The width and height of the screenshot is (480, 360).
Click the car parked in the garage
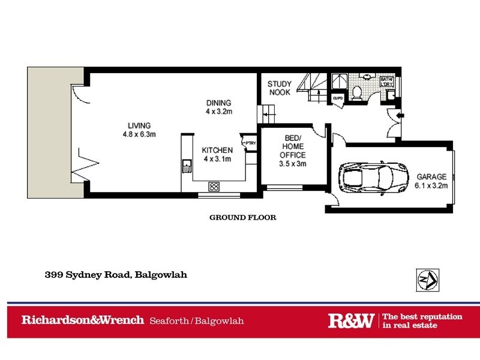tap(365, 177)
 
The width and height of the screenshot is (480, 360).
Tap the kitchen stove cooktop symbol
tap(213, 186)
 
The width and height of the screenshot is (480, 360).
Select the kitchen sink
tap(187, 164)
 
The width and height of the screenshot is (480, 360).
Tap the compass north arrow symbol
tap(428, 279)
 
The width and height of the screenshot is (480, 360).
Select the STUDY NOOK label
tap(279, 88)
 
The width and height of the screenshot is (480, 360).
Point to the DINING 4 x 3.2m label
tap(218, 107)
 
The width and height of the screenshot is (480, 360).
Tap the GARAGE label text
tap(431, 181)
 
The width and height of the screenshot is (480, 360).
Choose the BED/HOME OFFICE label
tap(293, 151)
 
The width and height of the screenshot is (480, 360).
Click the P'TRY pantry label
tap(250, 143)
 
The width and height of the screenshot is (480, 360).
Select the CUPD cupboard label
tap(337, 98)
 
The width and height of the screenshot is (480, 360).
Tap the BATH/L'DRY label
tap(386, 82)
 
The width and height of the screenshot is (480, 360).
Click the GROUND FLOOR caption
tap(242, 218)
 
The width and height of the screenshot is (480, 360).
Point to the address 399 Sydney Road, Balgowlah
tap(116, 275)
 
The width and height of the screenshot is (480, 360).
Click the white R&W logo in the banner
tap(351, 320)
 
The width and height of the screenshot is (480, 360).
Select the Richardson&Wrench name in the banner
tap(83, 320)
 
